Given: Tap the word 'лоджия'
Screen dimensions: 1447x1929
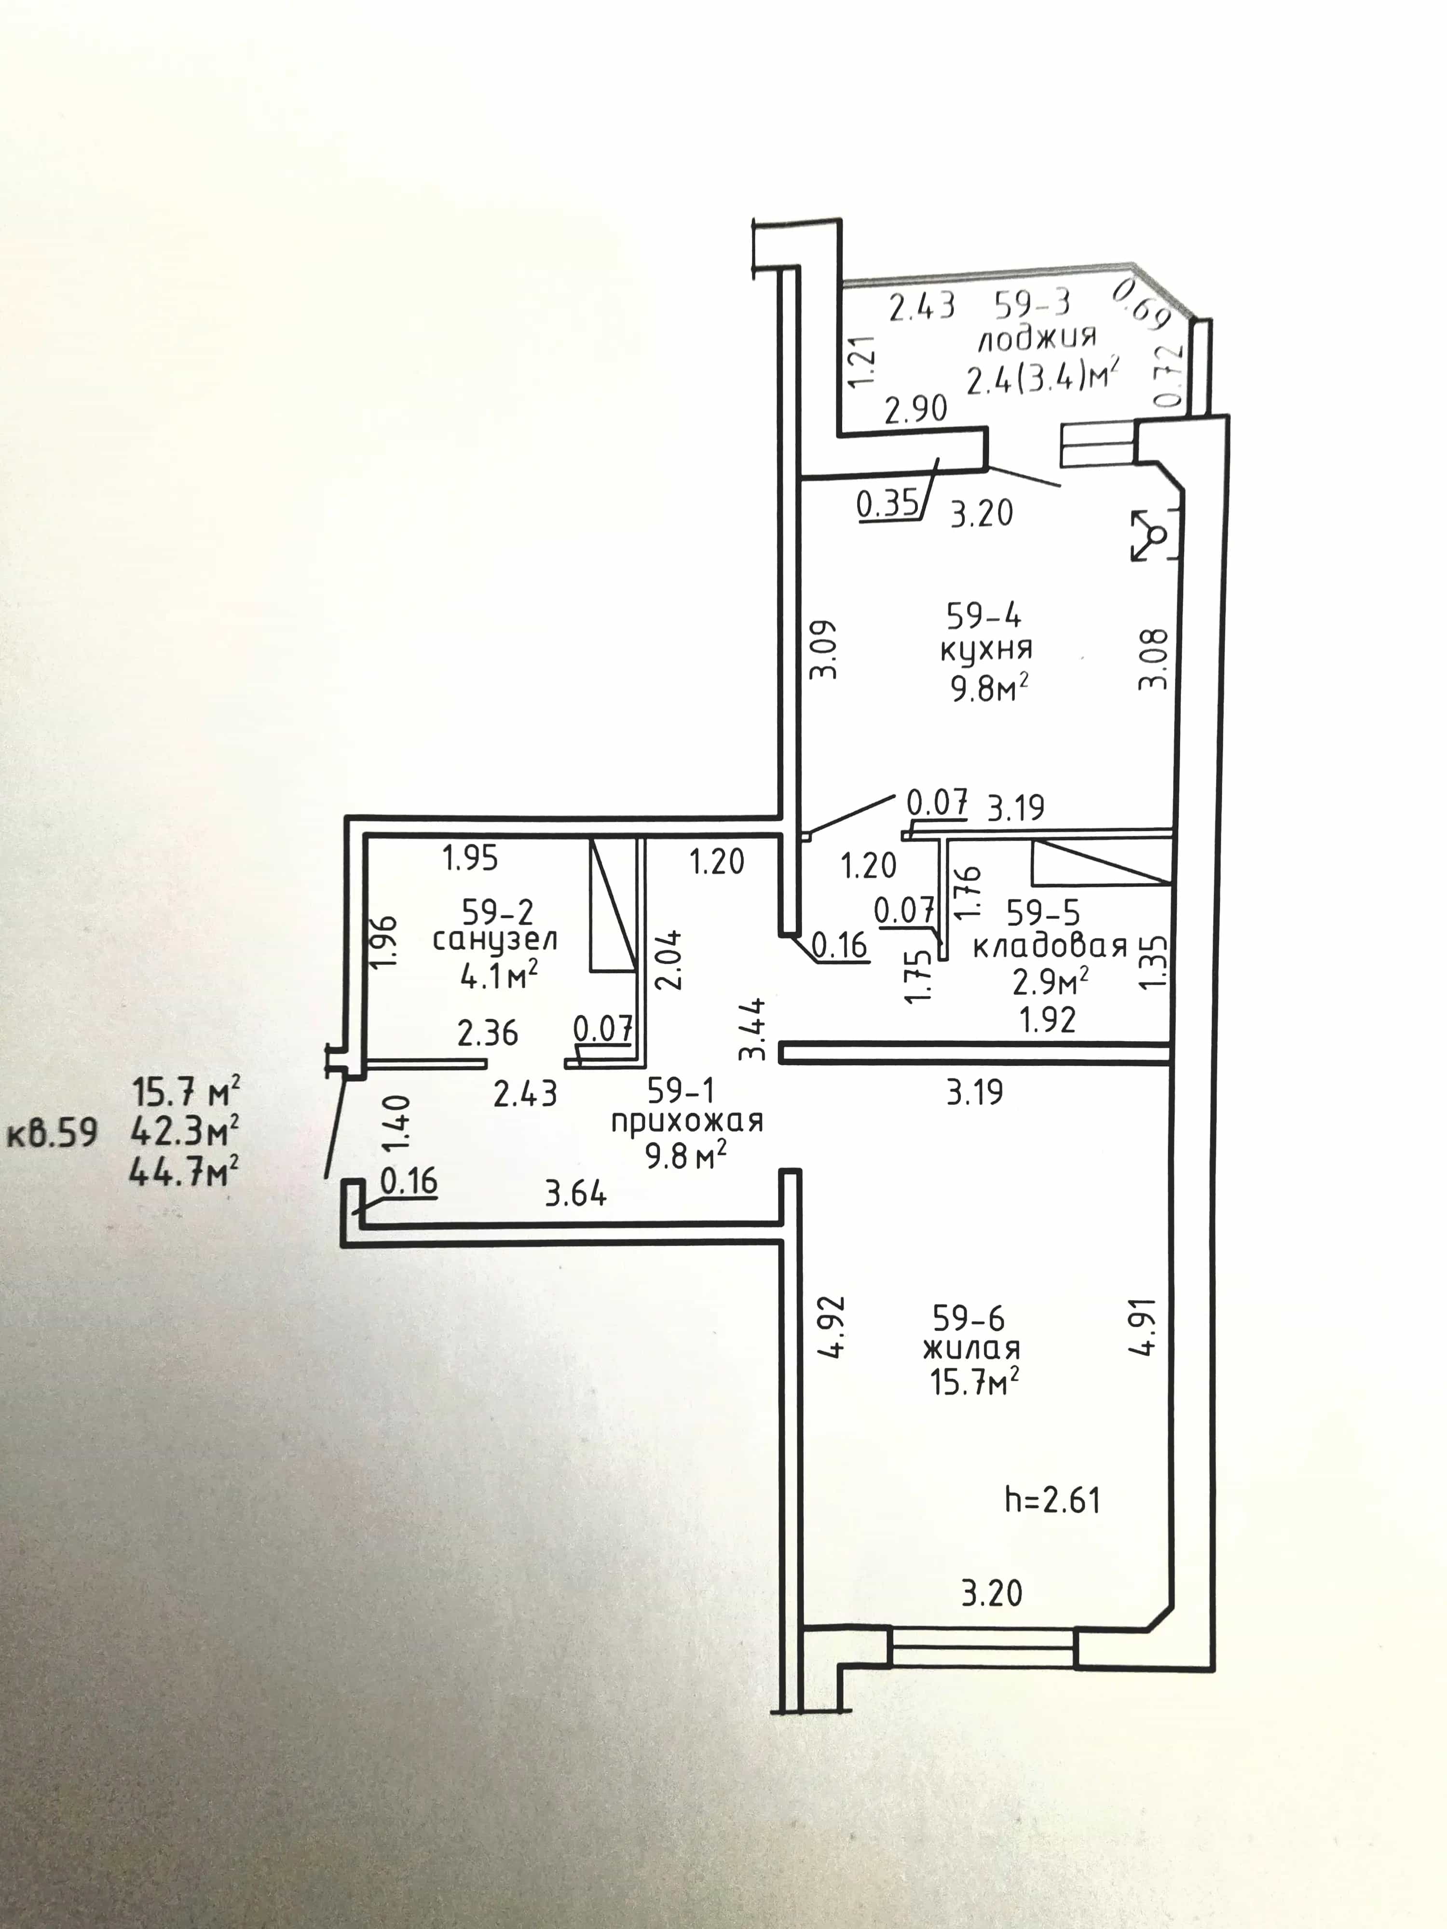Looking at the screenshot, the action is coord(1036,339).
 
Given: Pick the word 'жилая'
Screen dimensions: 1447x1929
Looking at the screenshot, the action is coord(971,1349).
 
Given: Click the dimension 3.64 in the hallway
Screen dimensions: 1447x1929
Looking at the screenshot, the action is coord(575,1193).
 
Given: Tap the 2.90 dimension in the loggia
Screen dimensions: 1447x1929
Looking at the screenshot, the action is coord(916,409).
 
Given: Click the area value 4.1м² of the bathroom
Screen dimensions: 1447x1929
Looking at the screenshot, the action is coord(498,975).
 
